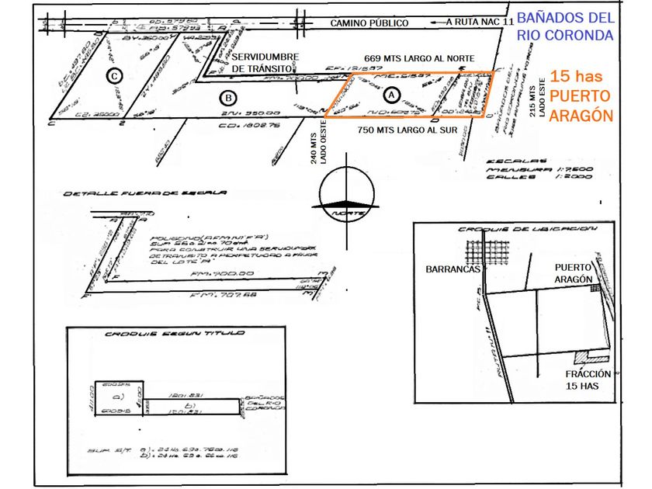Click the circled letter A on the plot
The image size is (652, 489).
coord(391,94)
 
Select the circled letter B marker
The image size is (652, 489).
coord(228,98)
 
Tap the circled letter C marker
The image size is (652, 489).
coord(115,75)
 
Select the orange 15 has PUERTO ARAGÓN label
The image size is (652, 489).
coord(581,95)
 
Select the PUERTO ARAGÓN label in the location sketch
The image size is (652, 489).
coord(574,273)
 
